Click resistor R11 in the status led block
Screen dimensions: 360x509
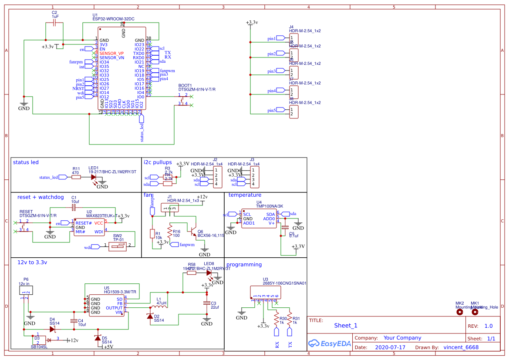click(76, 177)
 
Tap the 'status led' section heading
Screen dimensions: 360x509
click(26, 162)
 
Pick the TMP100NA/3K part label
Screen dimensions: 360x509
click(270, 206)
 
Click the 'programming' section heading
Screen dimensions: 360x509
click(244, 265)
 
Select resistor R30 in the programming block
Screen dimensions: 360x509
click(276, 320)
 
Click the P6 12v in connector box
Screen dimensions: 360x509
click(26, 290)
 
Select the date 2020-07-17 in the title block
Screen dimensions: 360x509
click(390, 348)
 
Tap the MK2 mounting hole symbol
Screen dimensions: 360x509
click(459, 312)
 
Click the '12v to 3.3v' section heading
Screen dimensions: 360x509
click(32, 262)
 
